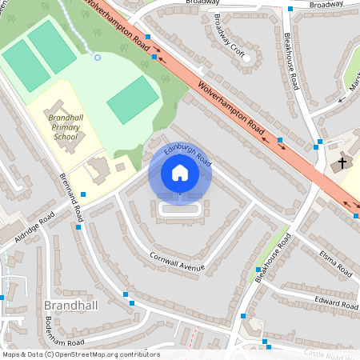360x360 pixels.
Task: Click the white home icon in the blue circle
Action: tap(180, 173)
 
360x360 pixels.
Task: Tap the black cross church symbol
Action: tap(342, 163)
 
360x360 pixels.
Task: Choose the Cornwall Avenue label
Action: tap(177, 262)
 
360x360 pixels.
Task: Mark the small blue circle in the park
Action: tap(98, 57)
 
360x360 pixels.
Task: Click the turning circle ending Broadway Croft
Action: tap(248, 58)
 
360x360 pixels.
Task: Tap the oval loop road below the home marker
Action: tap(180, 209)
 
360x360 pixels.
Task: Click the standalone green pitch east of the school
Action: tap(133, 100)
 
